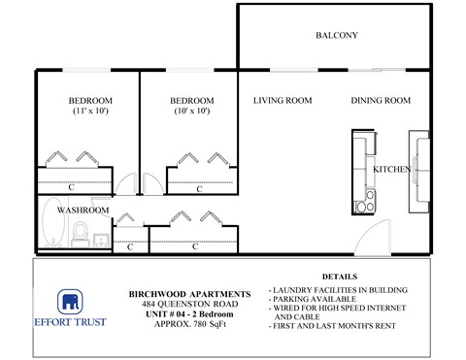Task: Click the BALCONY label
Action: (337, 36)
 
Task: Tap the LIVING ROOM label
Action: (282, 101)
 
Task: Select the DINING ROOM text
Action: (381, 101)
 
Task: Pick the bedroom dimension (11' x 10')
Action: (90, 112)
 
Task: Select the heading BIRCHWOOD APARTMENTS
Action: (190, 293)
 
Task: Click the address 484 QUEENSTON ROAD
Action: (190, 302)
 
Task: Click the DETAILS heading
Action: (339, 277)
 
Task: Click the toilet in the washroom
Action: (83, 232)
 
